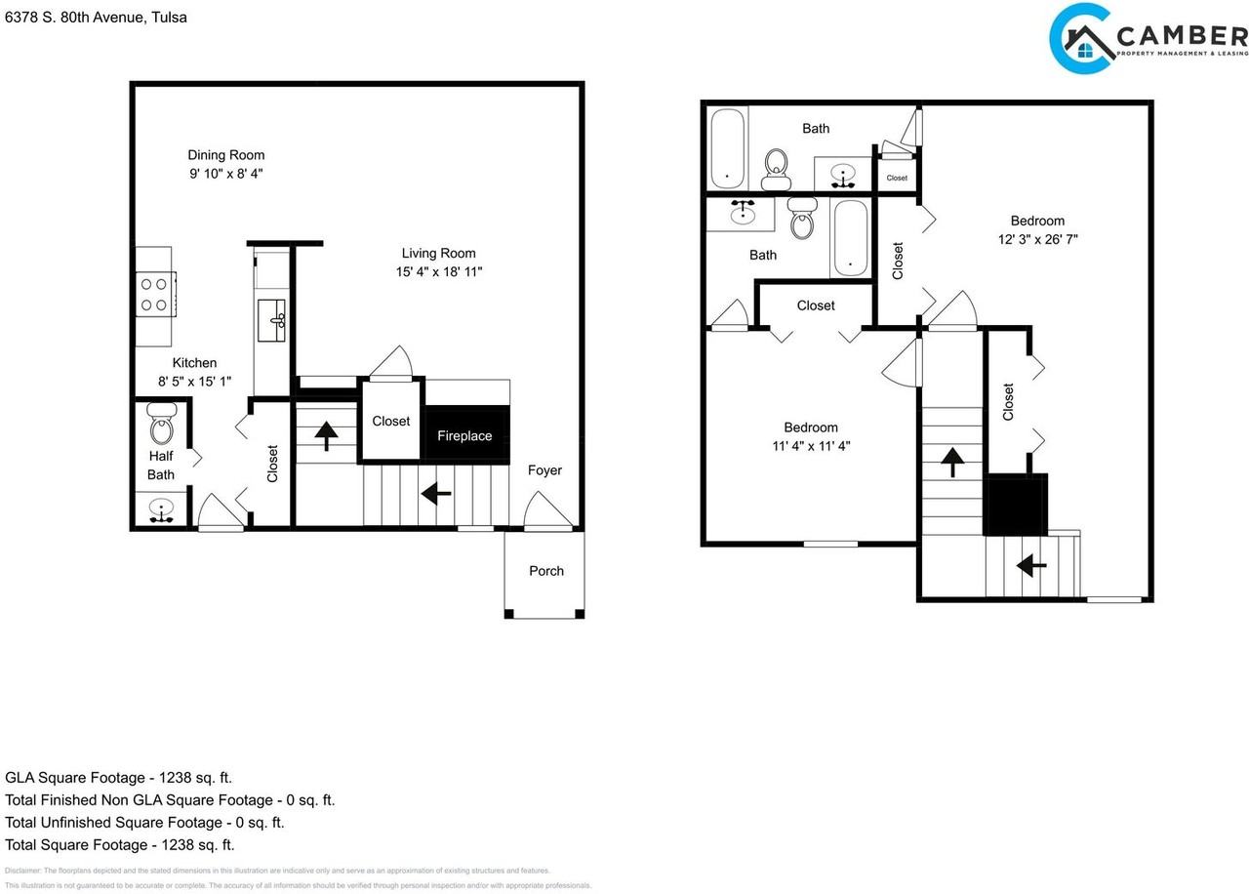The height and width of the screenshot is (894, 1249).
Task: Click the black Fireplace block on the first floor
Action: (x=465, y=435)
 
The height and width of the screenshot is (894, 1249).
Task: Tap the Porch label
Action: (x=546, y=571)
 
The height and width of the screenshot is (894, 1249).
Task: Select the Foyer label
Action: (x=544, y=470)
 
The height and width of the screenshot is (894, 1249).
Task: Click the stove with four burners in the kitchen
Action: (x=154, y=295)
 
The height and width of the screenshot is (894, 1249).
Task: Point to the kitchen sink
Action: (x=272, y=320)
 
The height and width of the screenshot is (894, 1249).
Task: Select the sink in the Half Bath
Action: (x=160, y=510)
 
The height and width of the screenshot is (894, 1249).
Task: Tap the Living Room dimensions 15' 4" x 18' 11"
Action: (x=439, y=272)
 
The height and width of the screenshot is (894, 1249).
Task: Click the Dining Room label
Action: (x=226, y=155)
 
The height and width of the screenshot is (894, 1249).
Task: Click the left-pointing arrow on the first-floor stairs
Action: (x=435, y=494)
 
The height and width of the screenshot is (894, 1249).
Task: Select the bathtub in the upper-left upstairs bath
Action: (x=726, y=147)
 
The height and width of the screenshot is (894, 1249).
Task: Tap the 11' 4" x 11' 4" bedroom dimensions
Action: (x=811, y=446)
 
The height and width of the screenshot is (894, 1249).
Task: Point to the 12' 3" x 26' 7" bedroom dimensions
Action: (x=1037, y=239)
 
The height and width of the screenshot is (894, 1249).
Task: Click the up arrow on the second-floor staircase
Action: (x=951, y=462)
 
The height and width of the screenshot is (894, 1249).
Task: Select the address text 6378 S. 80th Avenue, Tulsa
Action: (x=96, y=18)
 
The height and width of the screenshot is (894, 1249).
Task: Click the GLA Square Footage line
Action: (x=119, y=778)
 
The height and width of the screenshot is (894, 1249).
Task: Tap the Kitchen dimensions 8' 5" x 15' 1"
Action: (x=195, y=382)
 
